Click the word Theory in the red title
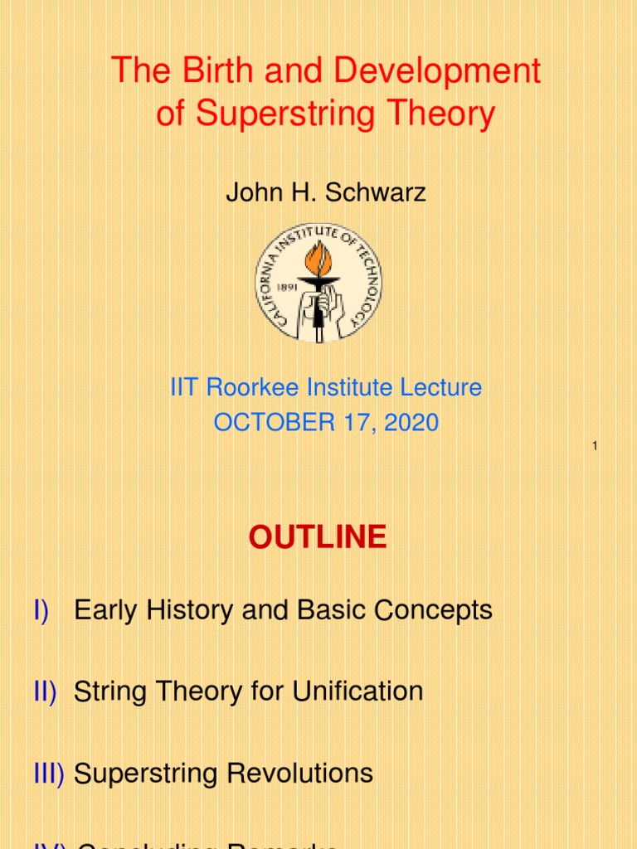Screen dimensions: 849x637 click(443, 114)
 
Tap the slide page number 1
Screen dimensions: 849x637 click(595, 448)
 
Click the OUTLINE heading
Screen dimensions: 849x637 click(318, 538)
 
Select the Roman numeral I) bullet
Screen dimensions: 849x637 click(41, 611)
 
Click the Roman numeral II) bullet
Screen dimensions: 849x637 click(45, 691)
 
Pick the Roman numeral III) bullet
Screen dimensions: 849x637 click(48, 773)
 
